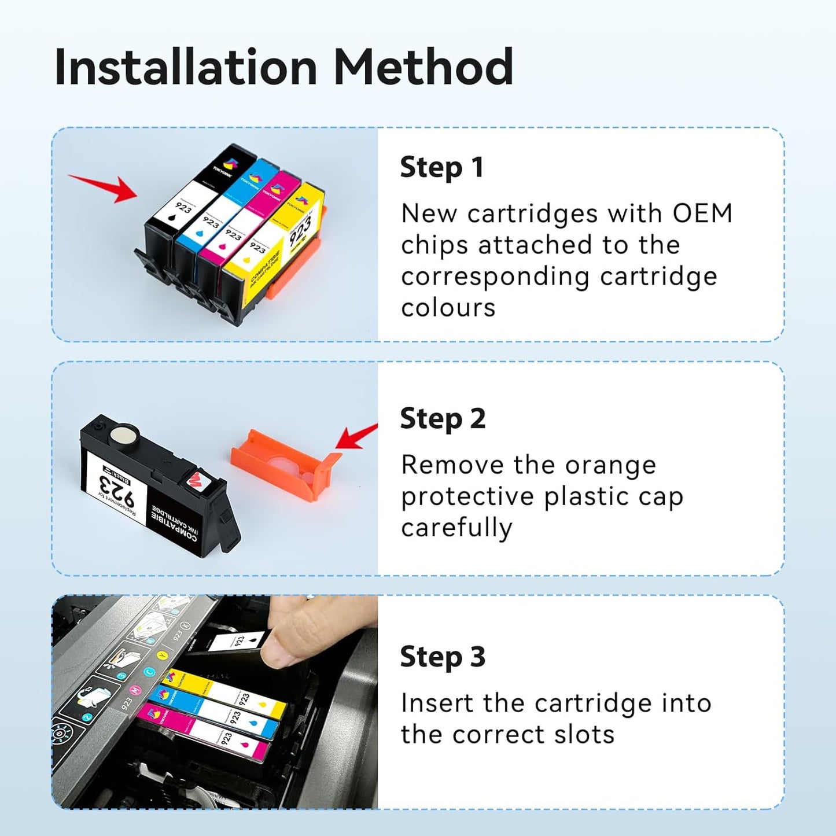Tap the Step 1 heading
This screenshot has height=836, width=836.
[441, 168]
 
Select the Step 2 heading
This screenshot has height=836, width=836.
[443, 419]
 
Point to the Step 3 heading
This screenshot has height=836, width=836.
[443, 657]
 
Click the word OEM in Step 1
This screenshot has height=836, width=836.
[702, 213]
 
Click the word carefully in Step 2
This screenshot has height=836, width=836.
[456, 528]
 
